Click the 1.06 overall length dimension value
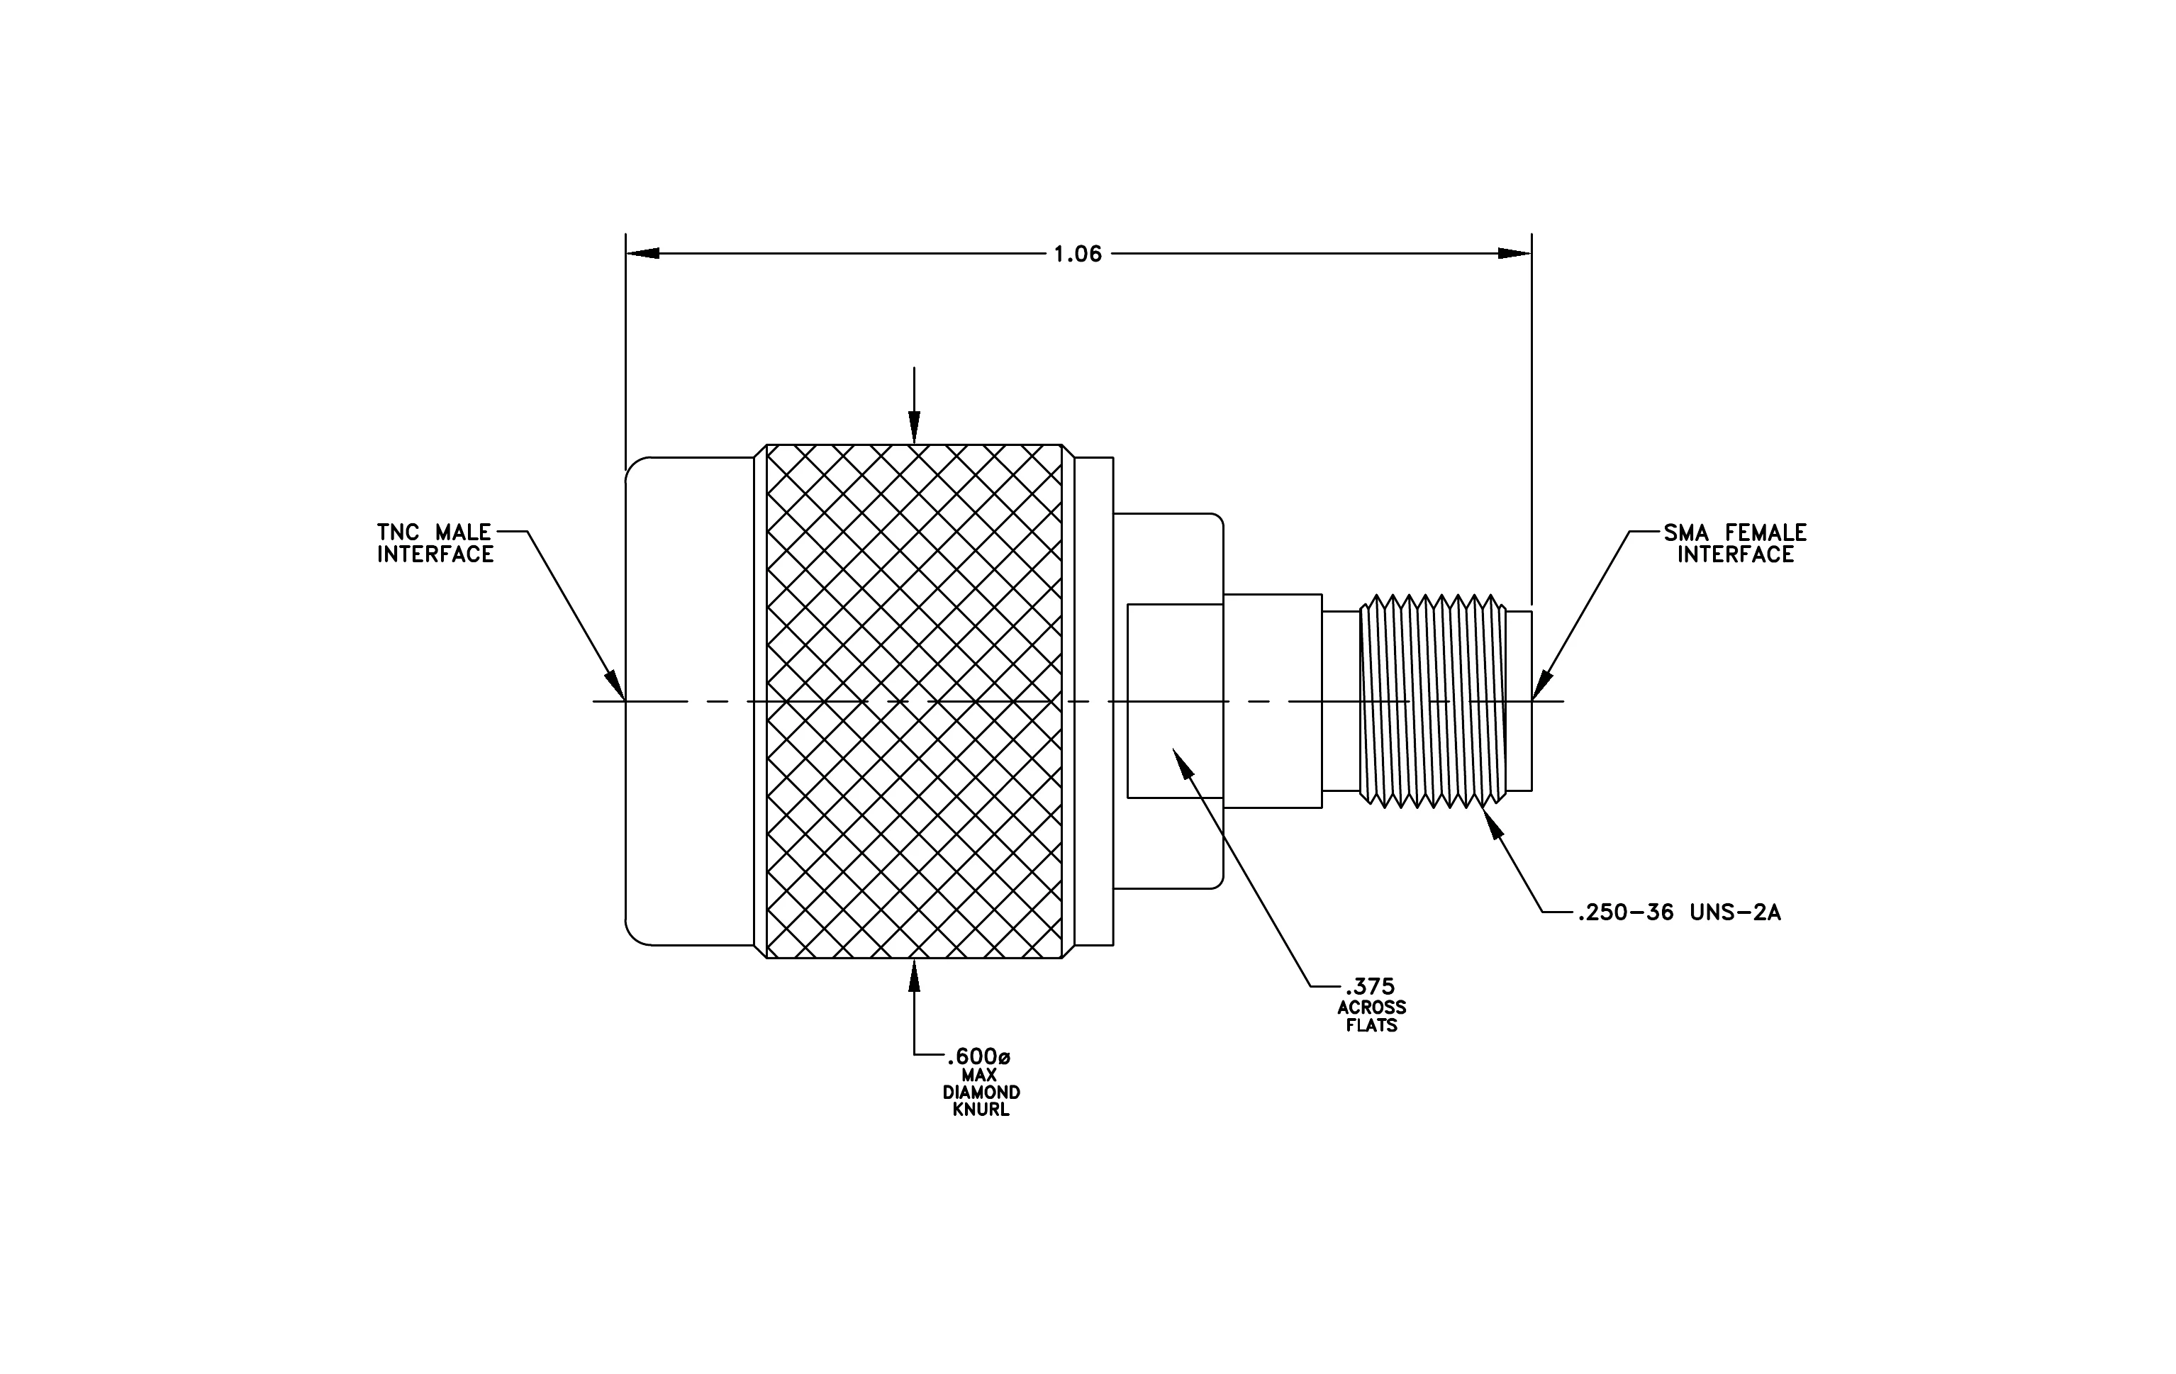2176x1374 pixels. click(1078, 254)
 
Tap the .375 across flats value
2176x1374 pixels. click(1370, 986)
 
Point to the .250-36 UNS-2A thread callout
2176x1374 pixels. click(1680, 912)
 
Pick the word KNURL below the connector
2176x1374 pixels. click(981, 1110)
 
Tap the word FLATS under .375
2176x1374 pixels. click(1372, 1025)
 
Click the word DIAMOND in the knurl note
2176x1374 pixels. click(981, 1092)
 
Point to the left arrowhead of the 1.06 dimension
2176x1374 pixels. click(642, 254)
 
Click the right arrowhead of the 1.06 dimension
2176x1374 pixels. click(1515, 254)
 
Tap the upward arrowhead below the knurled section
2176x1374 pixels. click(915, 975)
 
